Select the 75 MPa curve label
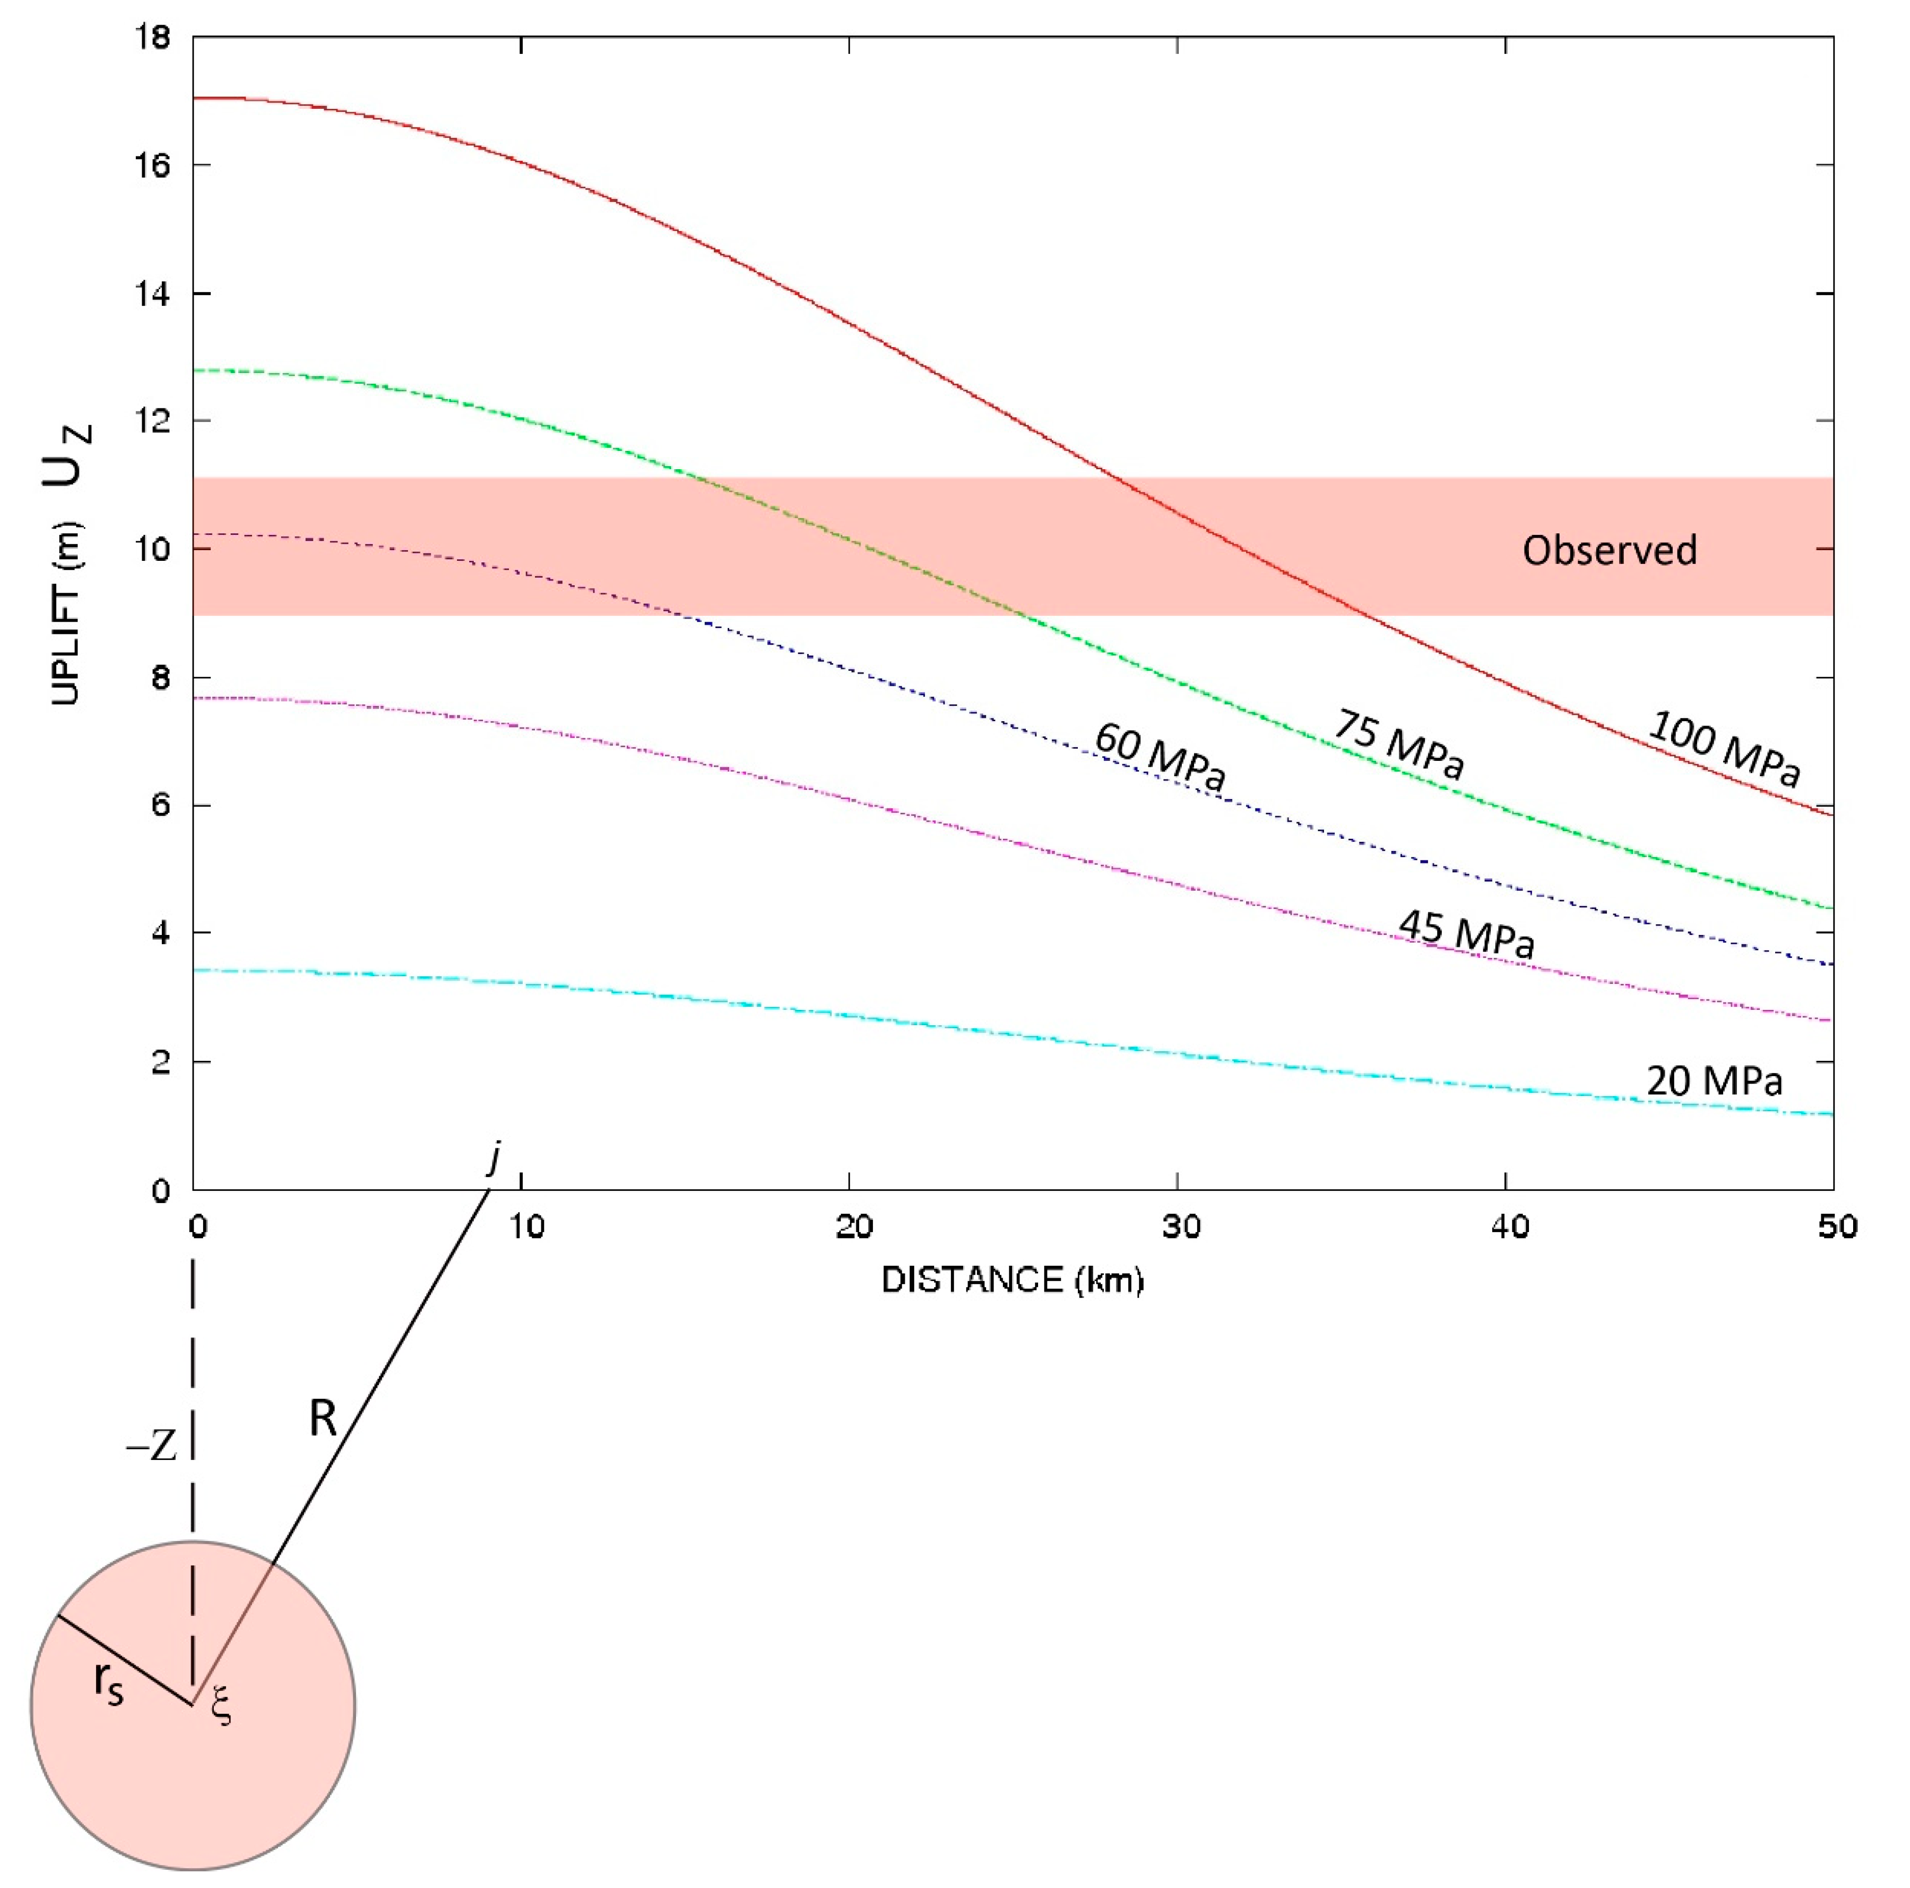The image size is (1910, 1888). point(1399,744)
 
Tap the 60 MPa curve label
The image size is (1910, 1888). point(1160,756)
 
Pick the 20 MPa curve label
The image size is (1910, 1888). point(1713,1081)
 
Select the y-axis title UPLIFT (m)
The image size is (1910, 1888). point(65,613)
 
